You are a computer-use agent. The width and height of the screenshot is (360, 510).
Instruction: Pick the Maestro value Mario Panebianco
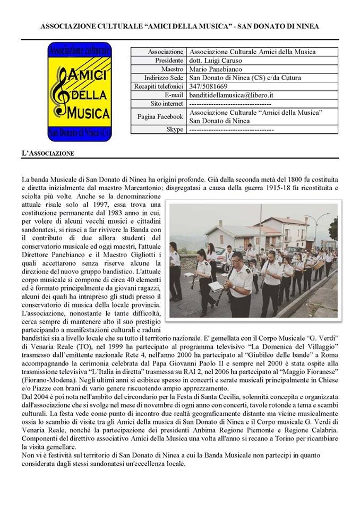(215, 69)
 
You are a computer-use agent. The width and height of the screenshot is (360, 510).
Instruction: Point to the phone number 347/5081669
(209, 86)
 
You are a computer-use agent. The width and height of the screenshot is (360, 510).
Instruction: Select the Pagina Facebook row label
(158, 116)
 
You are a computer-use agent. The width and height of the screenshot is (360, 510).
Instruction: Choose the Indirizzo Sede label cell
(160, 78)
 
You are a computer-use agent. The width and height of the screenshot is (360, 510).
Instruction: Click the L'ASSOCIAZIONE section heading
(48, 153)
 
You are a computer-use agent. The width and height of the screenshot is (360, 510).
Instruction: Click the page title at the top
(179, 25)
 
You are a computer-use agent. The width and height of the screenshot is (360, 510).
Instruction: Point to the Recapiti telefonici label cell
(159, 86)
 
